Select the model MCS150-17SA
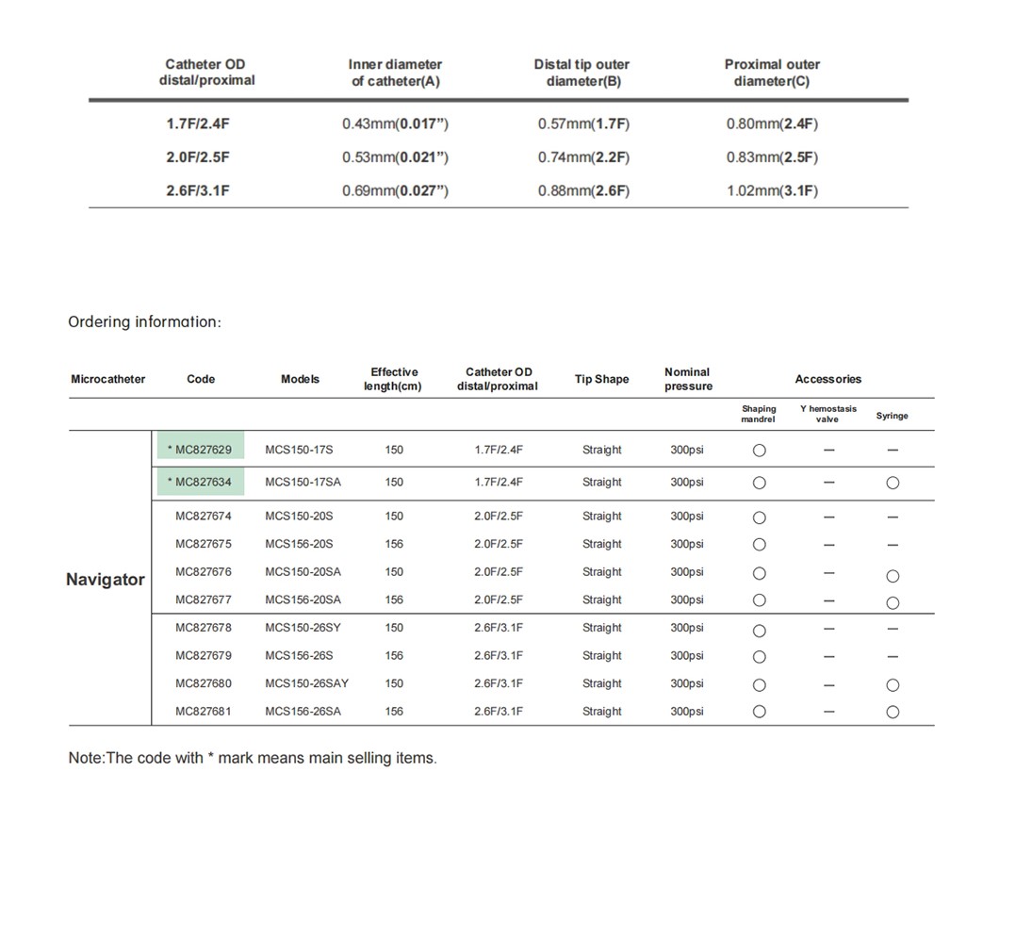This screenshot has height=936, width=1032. pos(303,483)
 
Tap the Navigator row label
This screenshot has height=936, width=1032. pos(106,580)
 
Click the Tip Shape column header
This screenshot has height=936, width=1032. pos(601,379)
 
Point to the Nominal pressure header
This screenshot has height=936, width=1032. pos(688,379)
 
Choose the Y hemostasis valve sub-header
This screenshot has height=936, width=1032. pos(827,414)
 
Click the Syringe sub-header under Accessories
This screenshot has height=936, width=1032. pos(892,416)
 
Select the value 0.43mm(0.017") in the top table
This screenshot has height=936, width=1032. pos(395,123)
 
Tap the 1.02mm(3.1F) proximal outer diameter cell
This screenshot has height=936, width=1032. pos(772,190)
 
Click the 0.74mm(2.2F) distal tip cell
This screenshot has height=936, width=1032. pos(583,157)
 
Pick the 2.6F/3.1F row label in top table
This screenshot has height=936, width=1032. pos(198,190)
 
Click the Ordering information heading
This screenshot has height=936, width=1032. pos(144,322)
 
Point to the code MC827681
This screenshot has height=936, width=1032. pos(203,712)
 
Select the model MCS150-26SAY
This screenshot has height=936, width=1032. pos(306,683)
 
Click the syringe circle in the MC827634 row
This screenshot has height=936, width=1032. pos(893,484)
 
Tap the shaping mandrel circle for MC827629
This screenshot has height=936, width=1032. pos(759,451)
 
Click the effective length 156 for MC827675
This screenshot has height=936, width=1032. pos(394,544)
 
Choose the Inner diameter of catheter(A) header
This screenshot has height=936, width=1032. pos(395,73)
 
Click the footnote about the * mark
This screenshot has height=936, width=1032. pos(253,758)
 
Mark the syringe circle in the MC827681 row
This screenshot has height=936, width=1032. pos(893,713)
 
